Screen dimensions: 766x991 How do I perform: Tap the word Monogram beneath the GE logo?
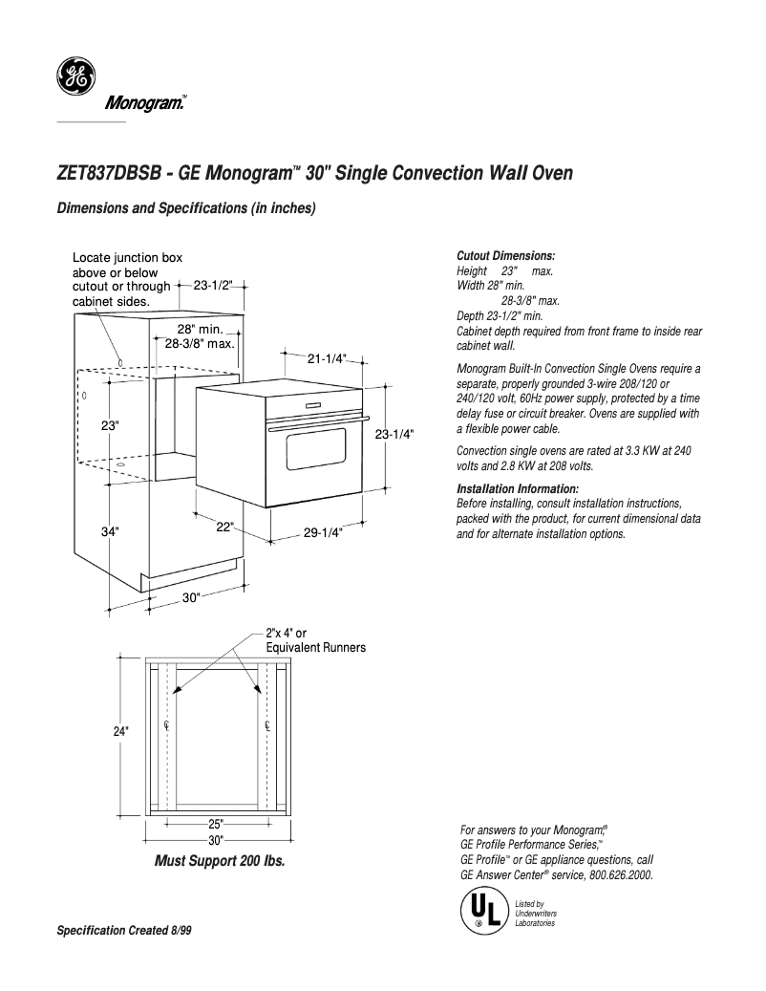[x=143, y=103]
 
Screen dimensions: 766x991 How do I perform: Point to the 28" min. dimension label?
[x=200, y=329]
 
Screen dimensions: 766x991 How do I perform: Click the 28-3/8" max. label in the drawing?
[x=200, y=343]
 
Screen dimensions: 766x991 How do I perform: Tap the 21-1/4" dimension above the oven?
[x=327, y=358]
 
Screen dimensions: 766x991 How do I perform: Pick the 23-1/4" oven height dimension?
[x=394, y=433]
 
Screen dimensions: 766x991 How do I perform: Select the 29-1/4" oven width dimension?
[x=323, y=533]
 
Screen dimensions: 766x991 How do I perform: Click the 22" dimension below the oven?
[x=224, y=527]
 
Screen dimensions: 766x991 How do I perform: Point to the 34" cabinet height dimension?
[x=111, y=531]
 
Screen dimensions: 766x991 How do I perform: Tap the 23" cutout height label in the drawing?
[x=111, y=425]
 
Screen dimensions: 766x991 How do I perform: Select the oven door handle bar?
[x=315, y=423]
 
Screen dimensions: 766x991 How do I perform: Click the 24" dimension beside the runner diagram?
[x=120, y=731]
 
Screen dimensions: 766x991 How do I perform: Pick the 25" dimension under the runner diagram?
[x=215, y=824]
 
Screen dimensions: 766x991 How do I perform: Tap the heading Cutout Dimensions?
[x=505, y=257]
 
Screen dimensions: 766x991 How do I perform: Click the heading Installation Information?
[x=518, y=489]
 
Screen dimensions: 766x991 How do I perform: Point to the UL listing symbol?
[x=483, y=909]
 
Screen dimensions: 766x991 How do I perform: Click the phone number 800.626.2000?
[x=621, y=874]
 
